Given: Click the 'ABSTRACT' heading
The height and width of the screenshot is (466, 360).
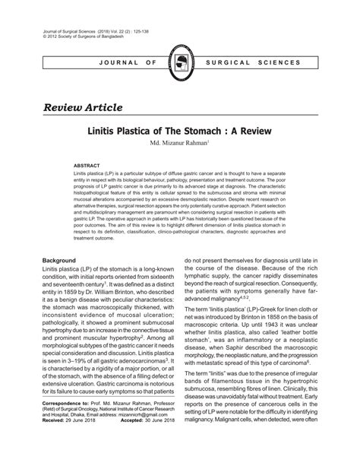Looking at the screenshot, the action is [x=88, y=164].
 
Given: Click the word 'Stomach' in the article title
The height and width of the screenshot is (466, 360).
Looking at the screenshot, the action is [x=206, y=131].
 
